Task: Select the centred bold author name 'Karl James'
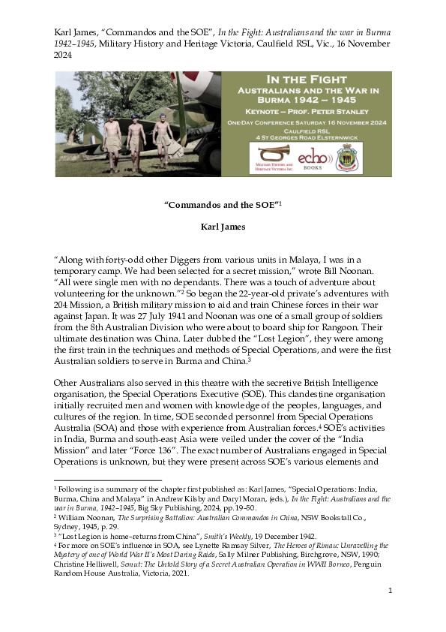223,226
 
